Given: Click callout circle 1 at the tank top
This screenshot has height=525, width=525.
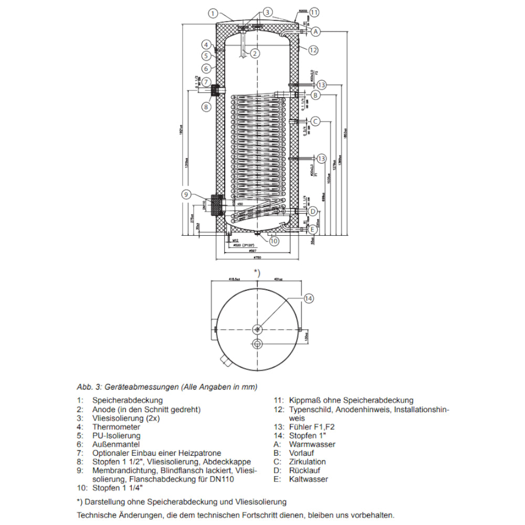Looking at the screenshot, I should pyautogui.click(x=213, y=14).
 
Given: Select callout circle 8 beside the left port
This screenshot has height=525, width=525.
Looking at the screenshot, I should pyautogui.click(x=206, y=107).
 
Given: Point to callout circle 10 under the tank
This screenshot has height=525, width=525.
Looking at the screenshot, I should pyautogui.click(x=274, y=241).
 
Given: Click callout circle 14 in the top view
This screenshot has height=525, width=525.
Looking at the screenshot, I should pyautogui.click(x=309, y=298).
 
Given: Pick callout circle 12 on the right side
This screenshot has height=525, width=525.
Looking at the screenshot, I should pyautogui.click(x=313, y=50).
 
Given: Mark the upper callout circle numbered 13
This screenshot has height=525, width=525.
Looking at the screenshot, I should pyautogui.click(x=321, y=85).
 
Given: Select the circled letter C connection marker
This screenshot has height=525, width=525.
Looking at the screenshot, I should pyautogui.click(x=315, y=121).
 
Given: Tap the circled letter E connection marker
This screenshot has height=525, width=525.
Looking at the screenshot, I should pyautogui.click(x=313, y=229).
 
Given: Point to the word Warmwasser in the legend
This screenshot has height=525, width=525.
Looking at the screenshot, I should pyautogui.click(x=312, y=444).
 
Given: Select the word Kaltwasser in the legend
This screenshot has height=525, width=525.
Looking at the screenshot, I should pyautogui.click(x=309, y=479).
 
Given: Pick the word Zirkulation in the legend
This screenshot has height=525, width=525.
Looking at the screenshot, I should pyautogui.click(x=307, y=461).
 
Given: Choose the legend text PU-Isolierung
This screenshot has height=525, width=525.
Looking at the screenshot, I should pyautogui.click(x=116, y=436).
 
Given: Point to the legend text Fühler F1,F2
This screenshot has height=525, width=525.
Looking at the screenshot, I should pyautogui.click(x=311, y=427).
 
